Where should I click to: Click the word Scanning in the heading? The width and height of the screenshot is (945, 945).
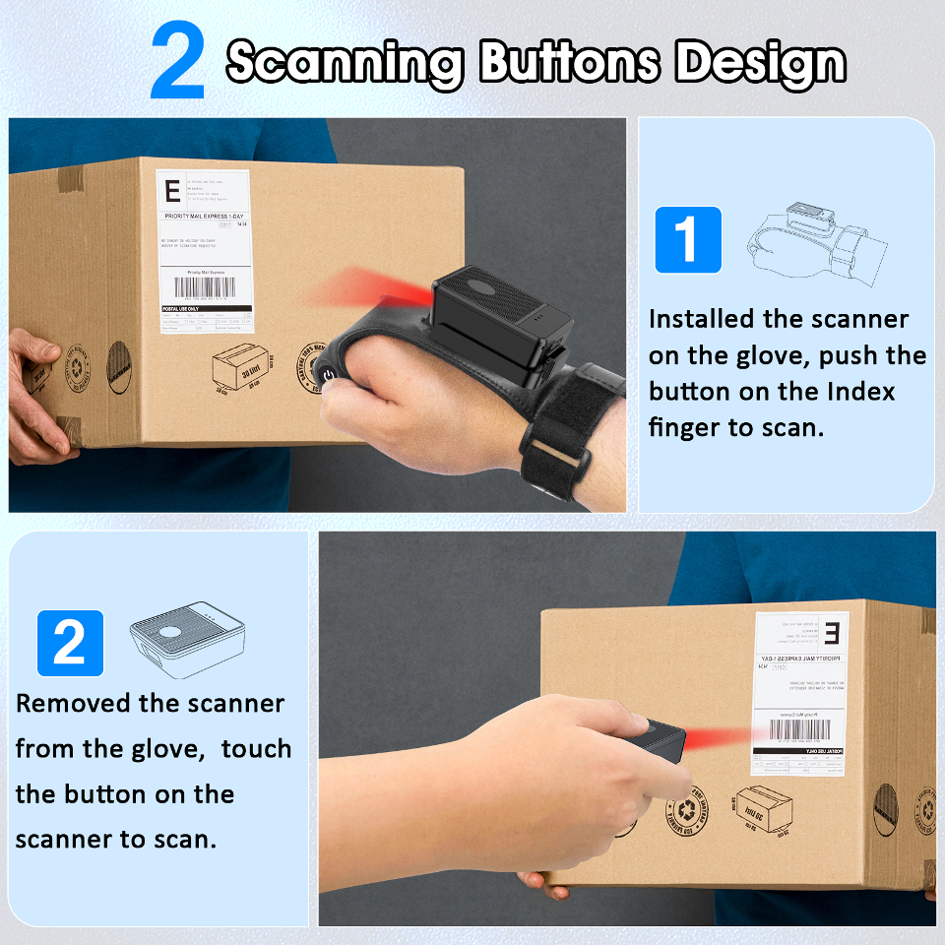tap(345, 63)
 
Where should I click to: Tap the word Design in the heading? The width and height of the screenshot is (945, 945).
tap(760, 63)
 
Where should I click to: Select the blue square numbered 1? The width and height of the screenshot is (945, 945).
tap(688, 239)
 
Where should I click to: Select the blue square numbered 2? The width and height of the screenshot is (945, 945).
tap(70, 643)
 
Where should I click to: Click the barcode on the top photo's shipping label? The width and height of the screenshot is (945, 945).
tap(205, 287)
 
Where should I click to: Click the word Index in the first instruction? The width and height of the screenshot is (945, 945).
tap(859, 391)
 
